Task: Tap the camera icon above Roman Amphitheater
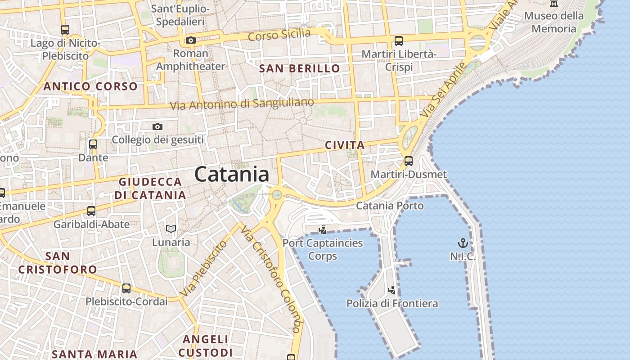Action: point(191,40)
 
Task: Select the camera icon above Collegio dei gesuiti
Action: point(157,127)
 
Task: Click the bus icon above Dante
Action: point(93,145)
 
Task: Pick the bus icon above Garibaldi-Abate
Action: point(91,211)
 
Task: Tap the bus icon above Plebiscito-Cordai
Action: point(126,288)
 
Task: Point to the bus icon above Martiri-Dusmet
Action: point(409,161)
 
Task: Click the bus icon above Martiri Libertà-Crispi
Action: point(399,41)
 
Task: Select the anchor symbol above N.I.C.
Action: point(463,243)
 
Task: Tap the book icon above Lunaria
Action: point(171,229)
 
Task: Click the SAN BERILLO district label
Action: point(300,69)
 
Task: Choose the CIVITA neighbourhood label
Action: point(345,145)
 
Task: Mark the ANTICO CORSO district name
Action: point(90,86)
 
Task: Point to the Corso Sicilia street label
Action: point(279,35)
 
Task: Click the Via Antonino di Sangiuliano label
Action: point(242,104)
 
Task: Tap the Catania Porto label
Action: point(390,206)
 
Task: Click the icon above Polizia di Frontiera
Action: point(392,290)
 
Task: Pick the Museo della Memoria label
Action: point(553,22)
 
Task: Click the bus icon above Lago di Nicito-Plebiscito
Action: point(65,30)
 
